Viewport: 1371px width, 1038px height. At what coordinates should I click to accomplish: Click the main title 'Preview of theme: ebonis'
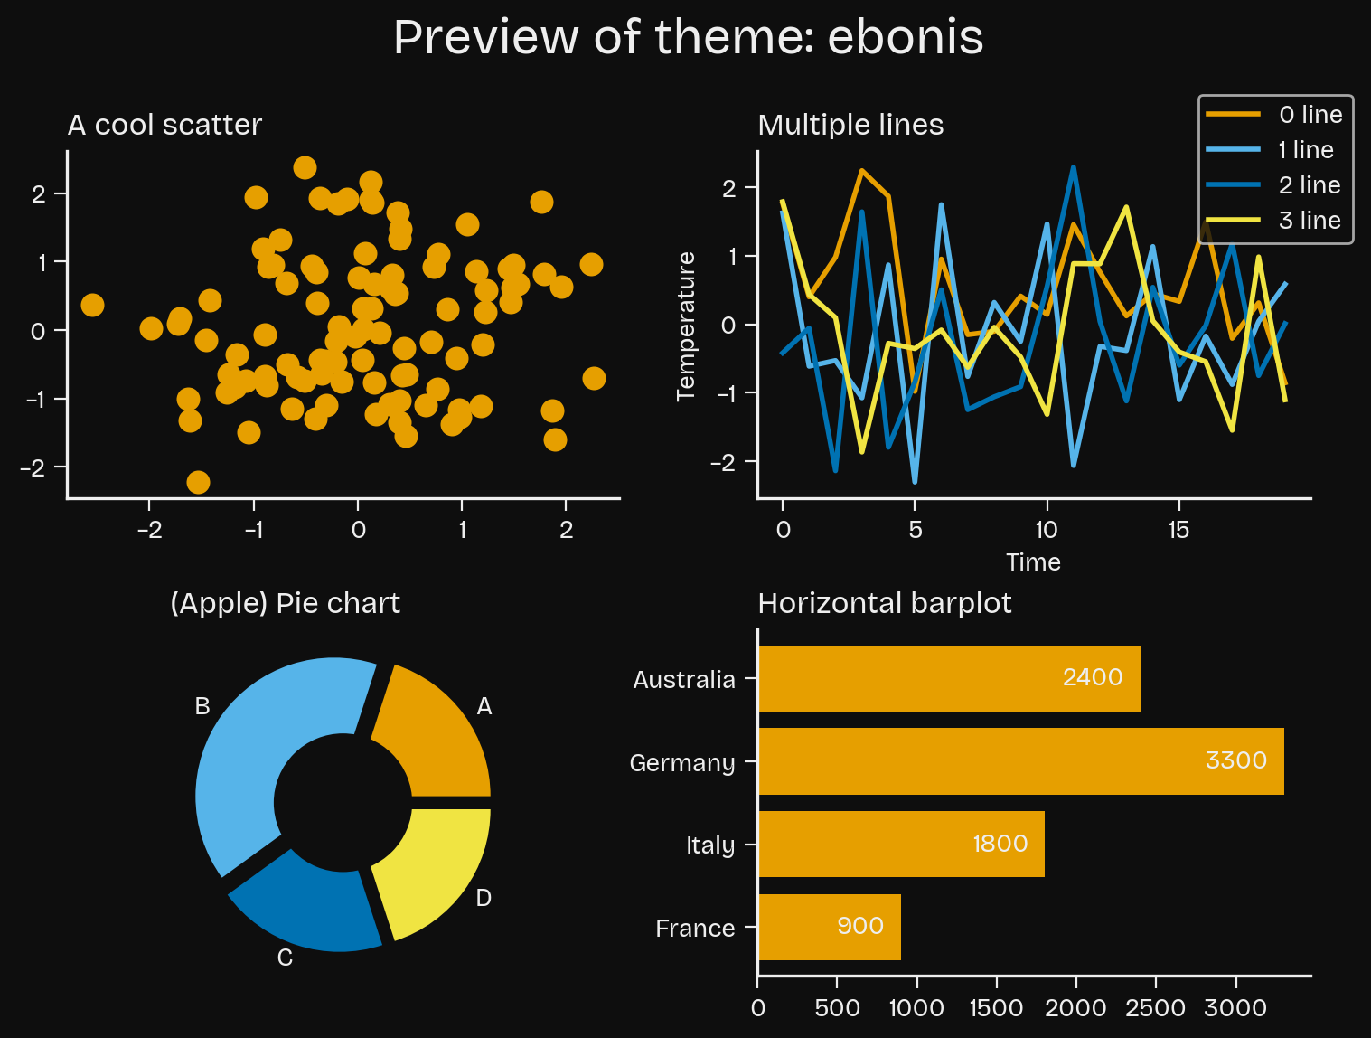(688, 38)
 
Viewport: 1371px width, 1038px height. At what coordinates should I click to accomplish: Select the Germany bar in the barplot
(1020, 761)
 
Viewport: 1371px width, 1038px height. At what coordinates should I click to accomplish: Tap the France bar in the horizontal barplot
(829, 927)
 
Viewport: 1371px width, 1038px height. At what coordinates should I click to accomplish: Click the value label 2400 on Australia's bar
(1092, 677)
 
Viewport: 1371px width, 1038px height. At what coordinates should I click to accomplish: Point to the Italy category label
(709, 845)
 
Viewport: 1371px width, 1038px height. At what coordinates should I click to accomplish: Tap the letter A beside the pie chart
(484, 707)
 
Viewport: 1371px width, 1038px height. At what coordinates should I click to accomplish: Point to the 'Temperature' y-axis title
(686, 326)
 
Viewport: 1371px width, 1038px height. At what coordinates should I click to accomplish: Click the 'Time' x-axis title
(1033, 562)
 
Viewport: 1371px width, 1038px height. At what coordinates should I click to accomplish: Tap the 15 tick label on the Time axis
(1178, 530)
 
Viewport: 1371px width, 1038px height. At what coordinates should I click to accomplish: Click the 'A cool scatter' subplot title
(164, 125)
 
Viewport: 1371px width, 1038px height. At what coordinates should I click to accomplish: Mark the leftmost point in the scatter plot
(91, 305)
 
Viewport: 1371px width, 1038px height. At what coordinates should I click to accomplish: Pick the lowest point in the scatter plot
(198, 482)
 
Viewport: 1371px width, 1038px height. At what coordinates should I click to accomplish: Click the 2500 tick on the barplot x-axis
(1156, 1008)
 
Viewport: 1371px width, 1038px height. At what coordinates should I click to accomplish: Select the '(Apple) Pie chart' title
(285, 603)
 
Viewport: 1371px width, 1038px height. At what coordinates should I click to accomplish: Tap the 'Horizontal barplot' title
(884, 603)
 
